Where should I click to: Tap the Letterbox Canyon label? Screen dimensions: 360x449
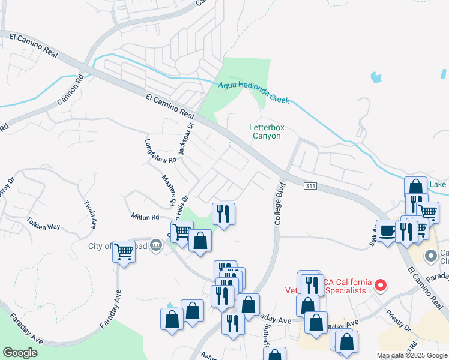click(x=265, y=131)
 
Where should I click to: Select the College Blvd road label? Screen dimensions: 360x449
click(x=278, y=204)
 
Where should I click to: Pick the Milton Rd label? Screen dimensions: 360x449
click(x=145, y=216)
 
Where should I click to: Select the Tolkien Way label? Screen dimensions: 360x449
click(x=43, y=226)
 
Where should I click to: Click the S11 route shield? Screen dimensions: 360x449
click(x=310, y=187)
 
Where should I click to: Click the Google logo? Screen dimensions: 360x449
click(x=20, y=353)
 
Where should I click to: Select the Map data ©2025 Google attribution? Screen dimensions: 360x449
click(x=411, y=355)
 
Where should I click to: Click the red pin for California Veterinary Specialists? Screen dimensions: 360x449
click(x=379, y=285)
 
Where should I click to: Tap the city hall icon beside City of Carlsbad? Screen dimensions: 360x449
click(x=156, y=244)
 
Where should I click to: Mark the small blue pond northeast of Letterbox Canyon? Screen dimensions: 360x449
click(x=376, y=76)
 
